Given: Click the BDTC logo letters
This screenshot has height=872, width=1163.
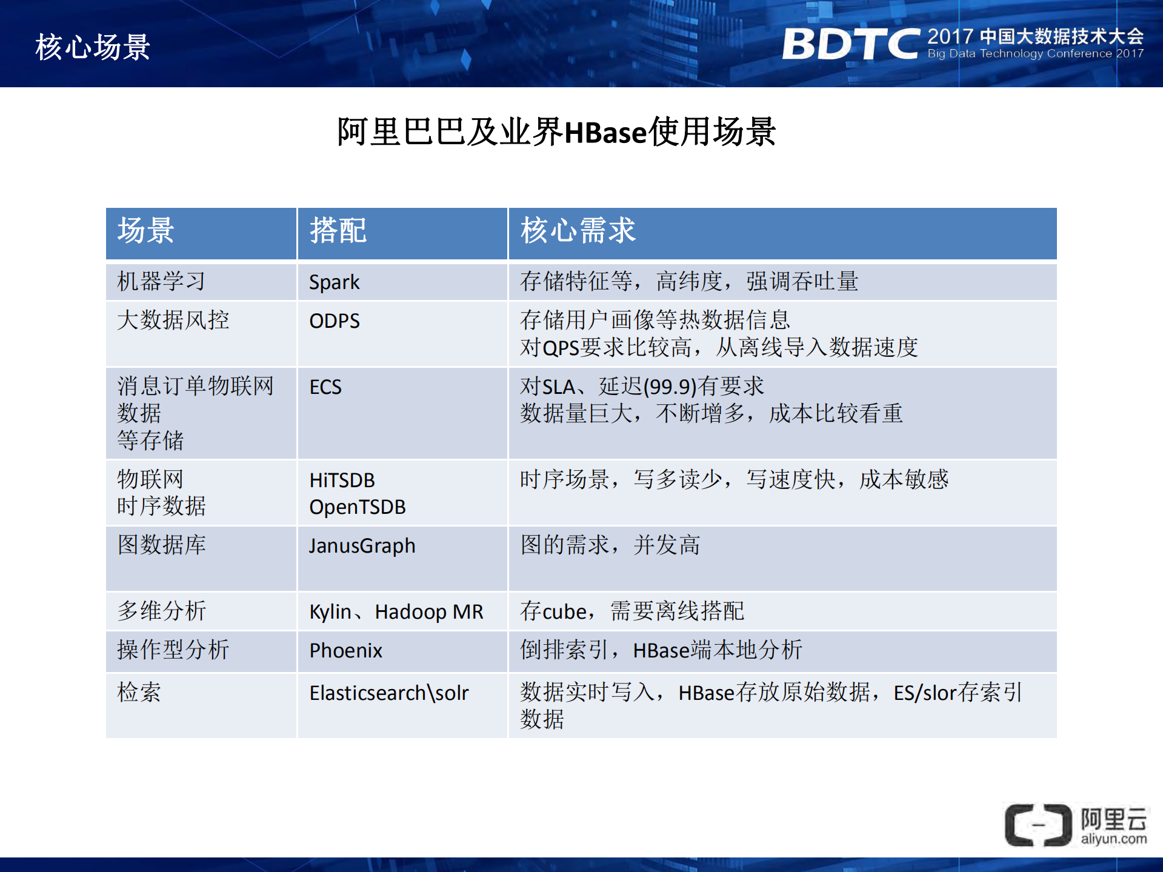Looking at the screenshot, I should coord(850,44).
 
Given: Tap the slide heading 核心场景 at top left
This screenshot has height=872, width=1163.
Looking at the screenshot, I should coord(92,47).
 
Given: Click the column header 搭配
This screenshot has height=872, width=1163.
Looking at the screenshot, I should coord(338,231).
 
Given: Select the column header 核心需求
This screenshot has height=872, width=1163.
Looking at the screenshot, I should coord(578,231).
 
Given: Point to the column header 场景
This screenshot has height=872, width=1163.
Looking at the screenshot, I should coord(145,231).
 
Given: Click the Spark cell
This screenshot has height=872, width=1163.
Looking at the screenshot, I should coord(334,282).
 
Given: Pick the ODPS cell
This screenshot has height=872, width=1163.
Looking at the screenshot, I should coord(334,321).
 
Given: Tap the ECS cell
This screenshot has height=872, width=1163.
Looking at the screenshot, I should coord(325,387).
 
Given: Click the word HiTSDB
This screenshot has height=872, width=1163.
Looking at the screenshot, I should coord(342,480).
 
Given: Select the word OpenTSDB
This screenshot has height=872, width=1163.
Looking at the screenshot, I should coord(357,507).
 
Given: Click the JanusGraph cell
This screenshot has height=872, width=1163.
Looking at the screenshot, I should coord(362,546).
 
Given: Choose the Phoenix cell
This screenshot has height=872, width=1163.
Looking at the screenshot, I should coord(345,650).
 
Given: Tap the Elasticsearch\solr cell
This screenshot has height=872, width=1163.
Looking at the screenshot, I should coord(388,693).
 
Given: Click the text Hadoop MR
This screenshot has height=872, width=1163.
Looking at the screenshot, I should coord(428,611).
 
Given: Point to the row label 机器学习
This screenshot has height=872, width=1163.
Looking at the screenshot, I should coord(161,282).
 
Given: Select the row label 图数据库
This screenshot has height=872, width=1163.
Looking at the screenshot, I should coord(161,545).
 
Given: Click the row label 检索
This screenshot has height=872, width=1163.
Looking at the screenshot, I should coord(139,692).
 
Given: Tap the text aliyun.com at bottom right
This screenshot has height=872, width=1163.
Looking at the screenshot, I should coord(1113,839).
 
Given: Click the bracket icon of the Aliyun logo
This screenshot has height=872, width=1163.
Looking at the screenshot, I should coord(1038,825).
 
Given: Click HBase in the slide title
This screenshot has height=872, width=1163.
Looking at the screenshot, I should coord(605,133).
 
